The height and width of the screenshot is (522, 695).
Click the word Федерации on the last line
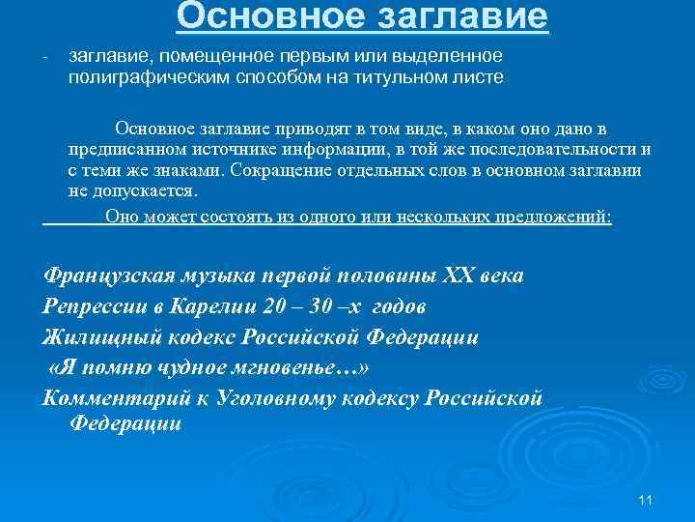pyautogui.click(x=125, y=423)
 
